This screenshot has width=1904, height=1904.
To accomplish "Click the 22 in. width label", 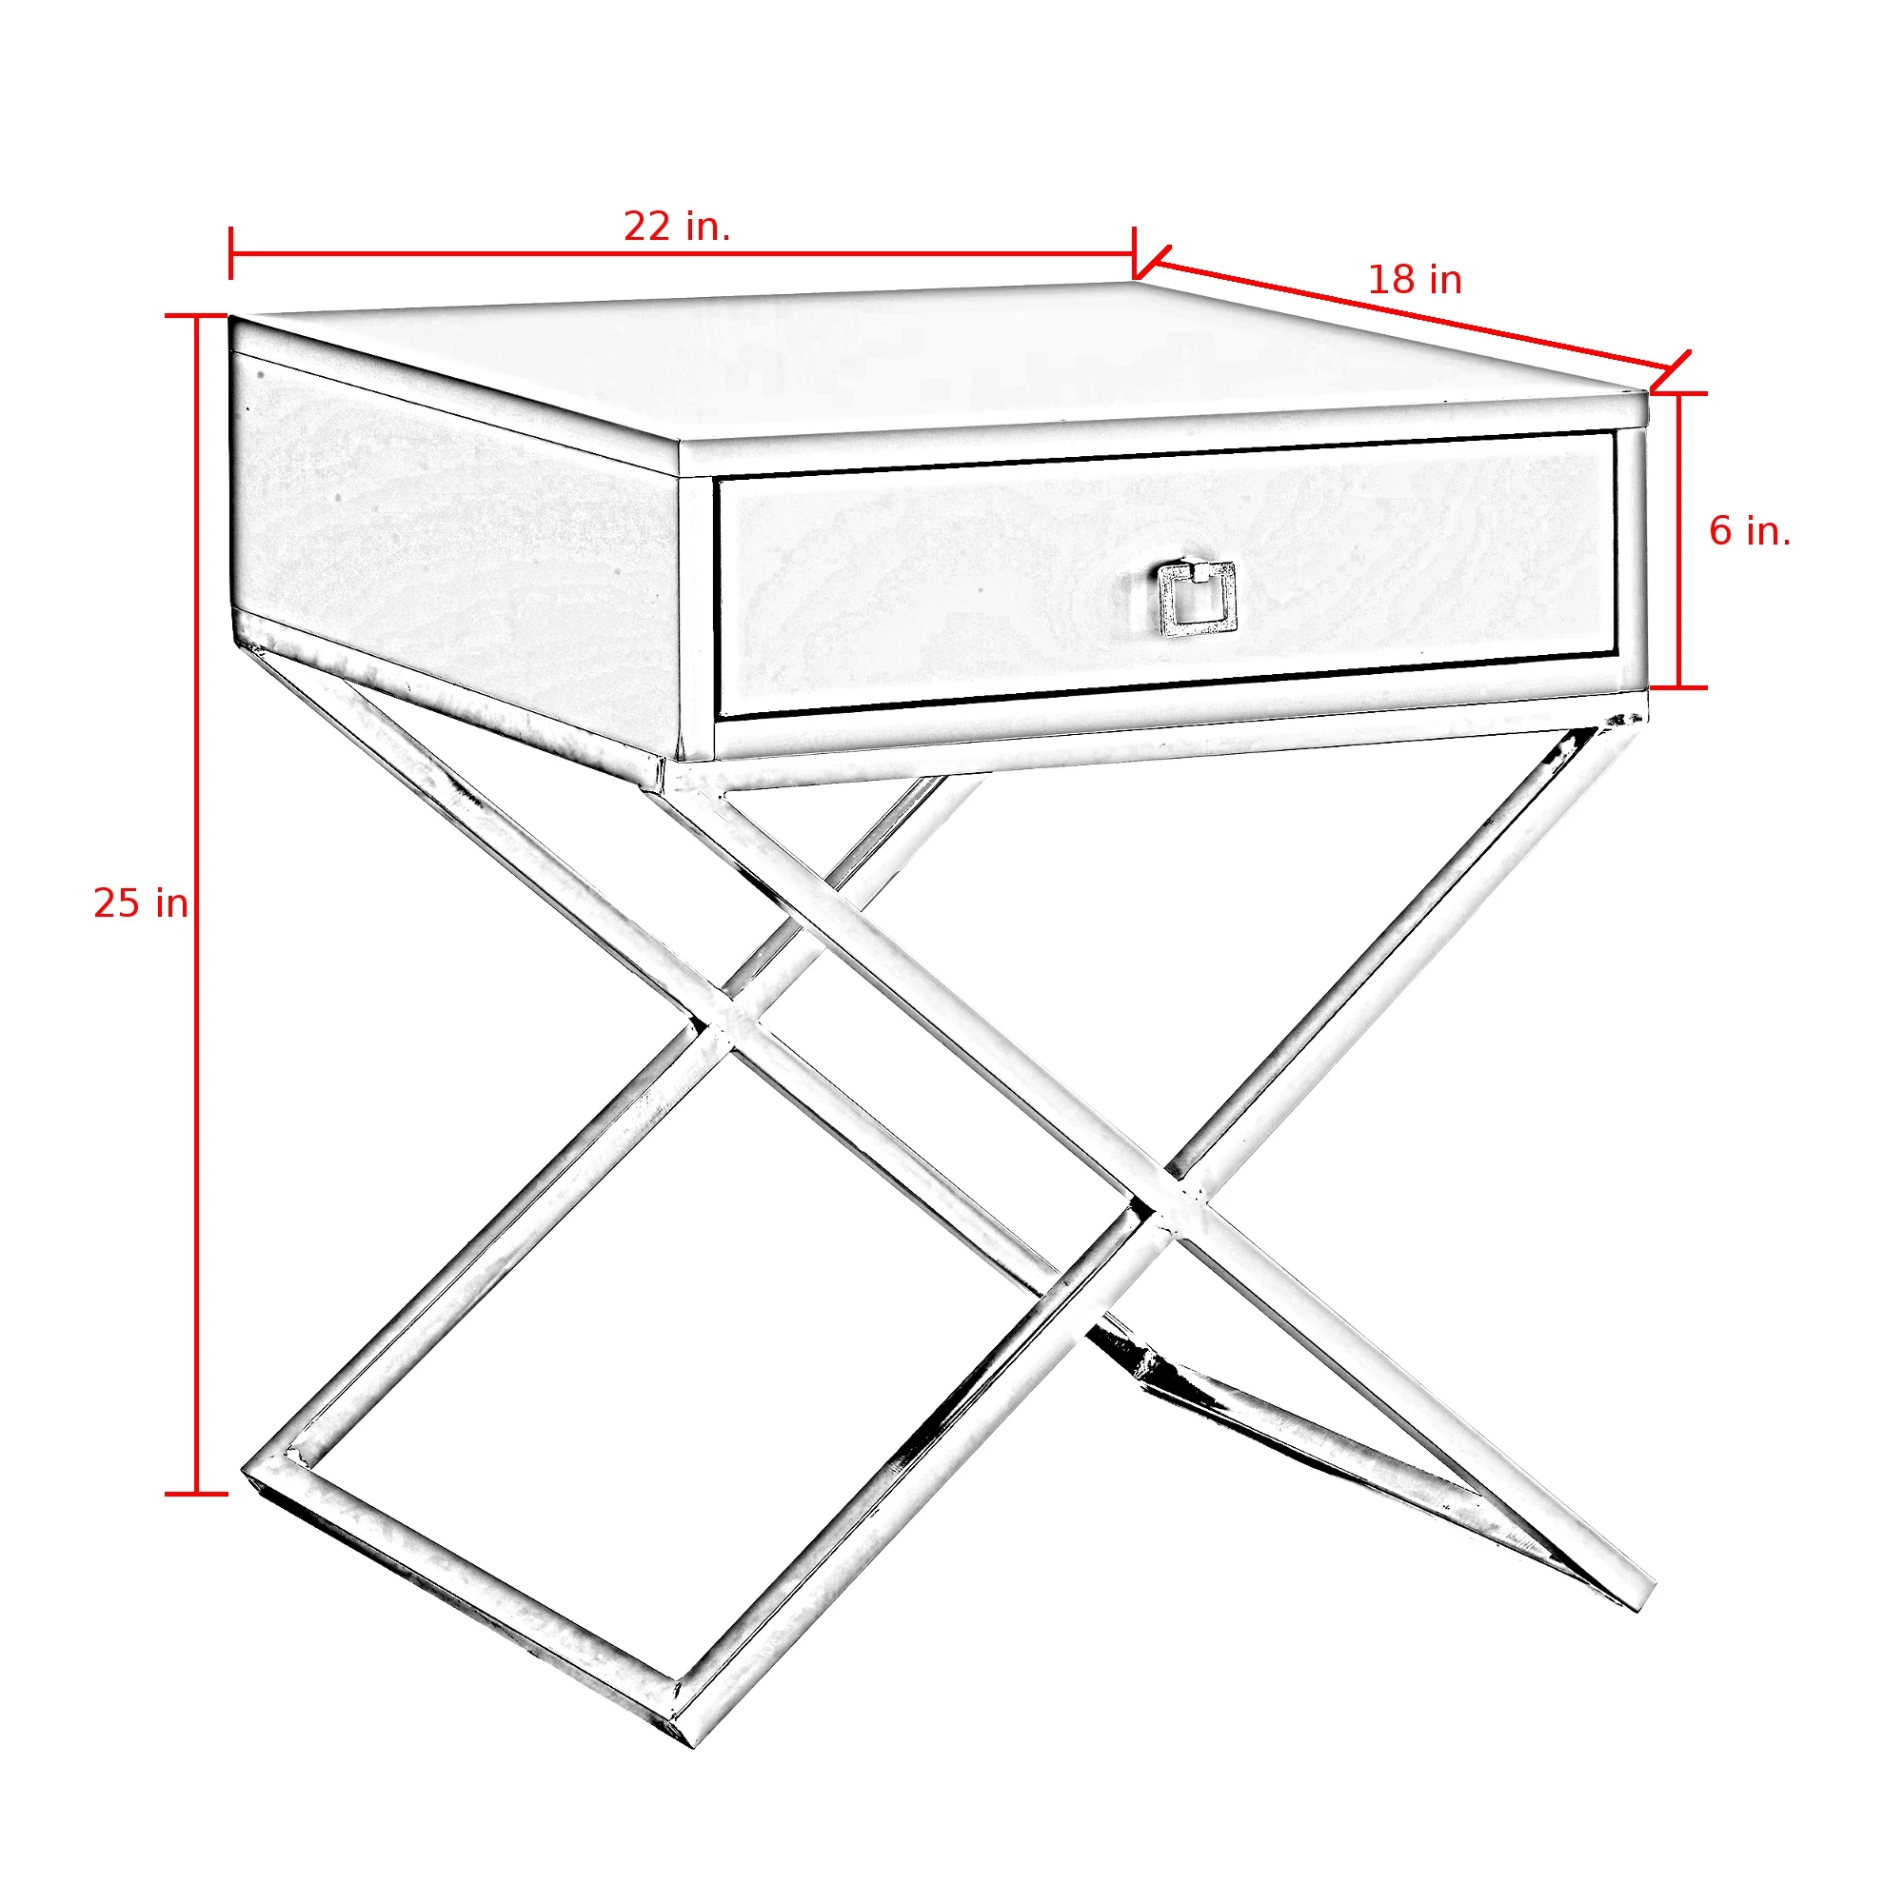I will [677, 228].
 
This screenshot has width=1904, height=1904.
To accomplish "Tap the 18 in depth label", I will [1415, 281].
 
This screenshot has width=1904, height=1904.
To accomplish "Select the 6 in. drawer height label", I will [1749, 532].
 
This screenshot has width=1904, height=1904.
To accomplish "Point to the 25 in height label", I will [141, 903].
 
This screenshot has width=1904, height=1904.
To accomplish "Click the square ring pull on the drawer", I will [1197, 598].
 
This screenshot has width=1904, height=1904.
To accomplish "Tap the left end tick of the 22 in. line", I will [230, 253].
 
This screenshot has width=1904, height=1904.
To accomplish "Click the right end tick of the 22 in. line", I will [1135, 253].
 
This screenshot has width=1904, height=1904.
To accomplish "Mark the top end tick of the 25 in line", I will [196, 316].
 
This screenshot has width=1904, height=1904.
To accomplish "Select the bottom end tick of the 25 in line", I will [196, 1494].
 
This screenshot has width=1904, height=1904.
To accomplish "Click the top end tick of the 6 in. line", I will [1679, 394].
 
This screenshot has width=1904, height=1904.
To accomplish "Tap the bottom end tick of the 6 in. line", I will [1679, 687].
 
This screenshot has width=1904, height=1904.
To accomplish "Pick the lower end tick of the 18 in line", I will [1674, 368].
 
